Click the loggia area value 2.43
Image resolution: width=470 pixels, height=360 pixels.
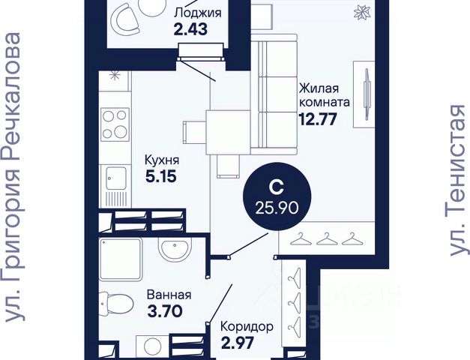coord(190,29)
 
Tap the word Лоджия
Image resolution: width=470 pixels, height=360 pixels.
coord(198,13)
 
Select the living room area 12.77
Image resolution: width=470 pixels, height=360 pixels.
coord(318,120)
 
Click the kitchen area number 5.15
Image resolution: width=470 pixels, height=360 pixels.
coord(160,177)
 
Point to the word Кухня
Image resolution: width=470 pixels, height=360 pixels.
coord(162,160)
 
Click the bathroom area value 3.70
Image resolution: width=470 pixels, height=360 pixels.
coord(165,311)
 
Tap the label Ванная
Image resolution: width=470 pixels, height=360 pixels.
coord(169,295)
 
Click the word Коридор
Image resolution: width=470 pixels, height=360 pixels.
coord(247,327)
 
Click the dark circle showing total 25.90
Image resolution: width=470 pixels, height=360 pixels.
coord(277,197)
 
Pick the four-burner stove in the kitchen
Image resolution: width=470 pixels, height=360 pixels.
coord(115,124)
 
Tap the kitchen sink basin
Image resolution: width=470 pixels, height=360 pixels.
coord(115,178)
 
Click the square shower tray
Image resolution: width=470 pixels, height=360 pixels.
coord(121,259)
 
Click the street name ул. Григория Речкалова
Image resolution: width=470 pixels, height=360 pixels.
coord(13,178)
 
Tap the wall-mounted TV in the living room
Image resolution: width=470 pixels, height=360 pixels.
coord(366,94)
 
